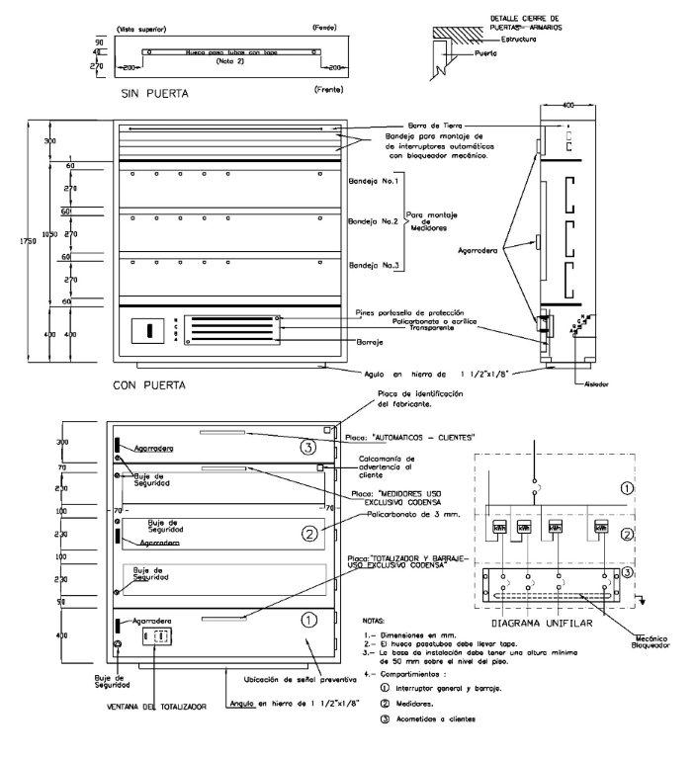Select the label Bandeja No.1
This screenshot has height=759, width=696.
(374, 182)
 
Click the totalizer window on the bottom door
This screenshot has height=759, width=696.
(158, 635)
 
